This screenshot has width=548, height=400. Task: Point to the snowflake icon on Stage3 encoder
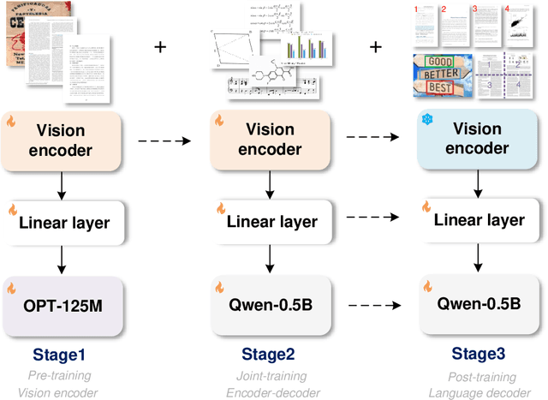426,120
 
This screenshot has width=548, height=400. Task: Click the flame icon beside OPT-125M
13,284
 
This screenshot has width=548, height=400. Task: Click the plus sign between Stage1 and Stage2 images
160,46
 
